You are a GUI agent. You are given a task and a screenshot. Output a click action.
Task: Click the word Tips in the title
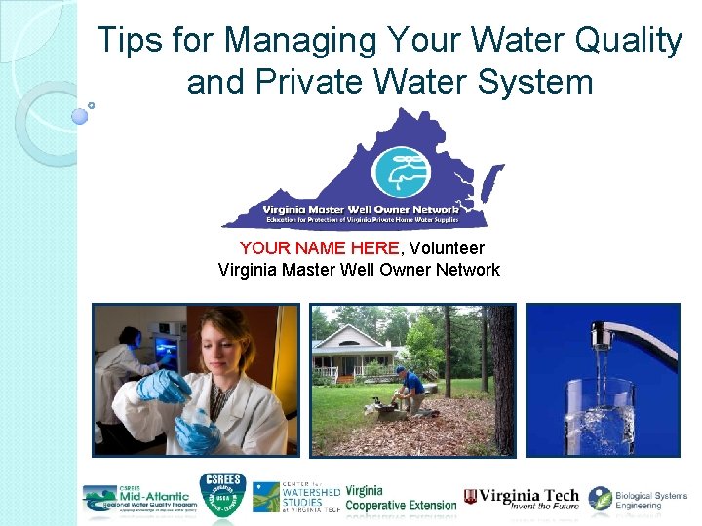pos(133,41)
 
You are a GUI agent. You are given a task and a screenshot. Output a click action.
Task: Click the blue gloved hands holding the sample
pos(190,409)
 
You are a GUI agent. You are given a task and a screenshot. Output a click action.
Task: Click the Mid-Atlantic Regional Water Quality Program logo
pos(139,499)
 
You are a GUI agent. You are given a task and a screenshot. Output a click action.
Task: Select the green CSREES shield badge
pos(222,497)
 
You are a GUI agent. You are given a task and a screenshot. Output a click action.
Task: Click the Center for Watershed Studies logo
pos(296,497)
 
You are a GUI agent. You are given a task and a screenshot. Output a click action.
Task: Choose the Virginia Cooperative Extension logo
pos(400,499)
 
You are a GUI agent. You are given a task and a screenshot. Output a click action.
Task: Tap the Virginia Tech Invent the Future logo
pos(521,499)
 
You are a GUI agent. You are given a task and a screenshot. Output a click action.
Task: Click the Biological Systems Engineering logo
pos(639,499)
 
